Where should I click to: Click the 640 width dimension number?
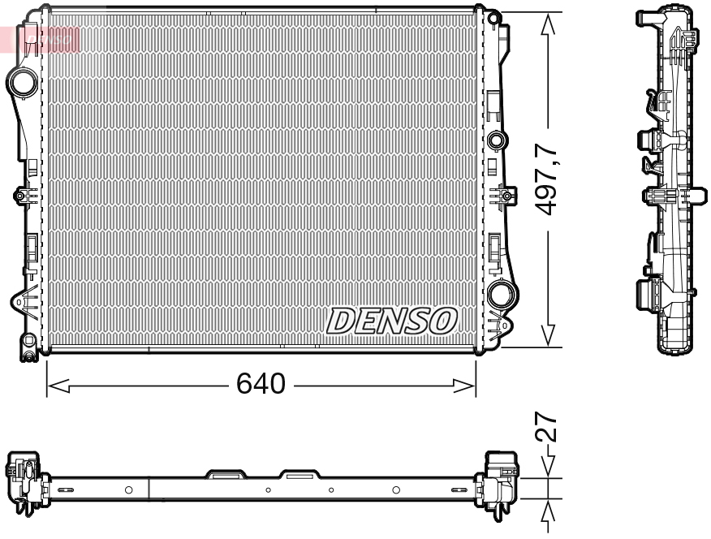[261, 383]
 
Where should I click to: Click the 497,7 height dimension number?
[545, 178]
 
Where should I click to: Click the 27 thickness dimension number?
[545, 427]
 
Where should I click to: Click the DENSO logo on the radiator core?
[391, 321]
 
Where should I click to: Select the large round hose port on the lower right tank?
[502, 293]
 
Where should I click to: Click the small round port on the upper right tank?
[497, 140]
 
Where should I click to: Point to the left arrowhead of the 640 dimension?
[58, 386]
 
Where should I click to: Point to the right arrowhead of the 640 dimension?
[464, 386]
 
